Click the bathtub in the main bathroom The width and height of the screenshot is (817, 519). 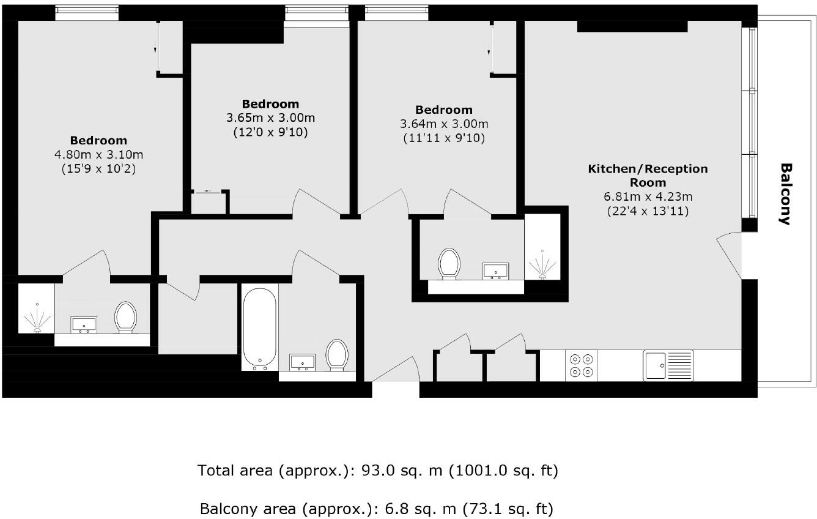(x=261, y=328)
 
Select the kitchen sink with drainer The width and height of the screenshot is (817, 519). (x=668, y=365)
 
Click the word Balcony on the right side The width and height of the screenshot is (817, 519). (x=786, y=194)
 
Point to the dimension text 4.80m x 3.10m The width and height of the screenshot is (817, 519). (x=98, y=154)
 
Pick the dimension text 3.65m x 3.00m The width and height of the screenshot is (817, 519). (x=270, y=118)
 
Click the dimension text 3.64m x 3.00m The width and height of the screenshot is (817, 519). (x=444, y=124)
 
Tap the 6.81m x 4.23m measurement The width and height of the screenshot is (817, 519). (x=648, y=196)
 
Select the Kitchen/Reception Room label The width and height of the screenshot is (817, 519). (x=648, y=175)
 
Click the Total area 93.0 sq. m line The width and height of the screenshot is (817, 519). (x=377, y=471)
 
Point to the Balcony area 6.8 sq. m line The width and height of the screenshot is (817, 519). (x=377, y=509)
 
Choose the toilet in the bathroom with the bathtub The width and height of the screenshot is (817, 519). (x=337, y=355)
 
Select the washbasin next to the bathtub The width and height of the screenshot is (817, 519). (x=302, y=362)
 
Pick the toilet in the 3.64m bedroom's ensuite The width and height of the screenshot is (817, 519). (x=449, y=264)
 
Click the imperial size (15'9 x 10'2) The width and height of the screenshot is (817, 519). (x=98, y=169)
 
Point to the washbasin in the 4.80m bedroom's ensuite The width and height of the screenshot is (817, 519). (x=84, y=325)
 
